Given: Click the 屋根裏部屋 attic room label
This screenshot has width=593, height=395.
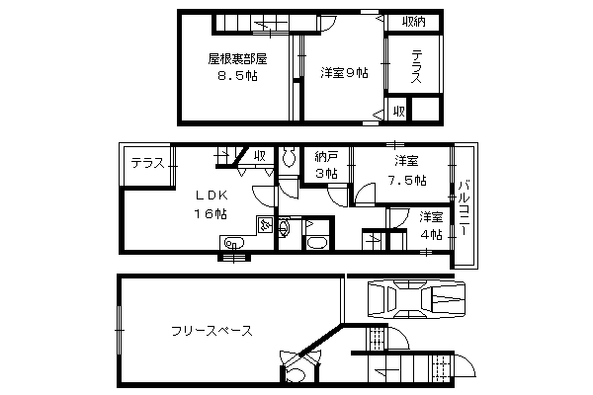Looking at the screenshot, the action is coord(237,59).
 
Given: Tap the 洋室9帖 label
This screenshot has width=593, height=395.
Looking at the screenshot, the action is coord(344,72).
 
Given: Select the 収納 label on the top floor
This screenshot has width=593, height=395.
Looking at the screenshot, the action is coord(414,22).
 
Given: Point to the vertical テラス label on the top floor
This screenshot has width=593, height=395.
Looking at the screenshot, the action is coord(416,66).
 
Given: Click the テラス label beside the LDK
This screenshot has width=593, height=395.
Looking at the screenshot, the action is coord(148,163).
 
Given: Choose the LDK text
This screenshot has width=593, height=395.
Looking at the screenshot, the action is coord(212,196).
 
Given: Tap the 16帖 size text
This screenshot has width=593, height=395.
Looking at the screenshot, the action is coord(211,214).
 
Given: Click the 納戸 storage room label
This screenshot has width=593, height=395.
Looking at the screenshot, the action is coord(326,157).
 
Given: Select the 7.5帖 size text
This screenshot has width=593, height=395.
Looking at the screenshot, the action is coord(407,180).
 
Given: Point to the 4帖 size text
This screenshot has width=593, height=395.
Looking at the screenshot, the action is coord(432,235).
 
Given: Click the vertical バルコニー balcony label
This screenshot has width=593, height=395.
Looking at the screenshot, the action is coord(465,208).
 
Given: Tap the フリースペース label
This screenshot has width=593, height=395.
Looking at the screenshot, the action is coord(212,331).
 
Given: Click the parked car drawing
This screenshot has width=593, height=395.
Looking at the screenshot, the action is coord(416,298).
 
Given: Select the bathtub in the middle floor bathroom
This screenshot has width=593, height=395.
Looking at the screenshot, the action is coord(319,242).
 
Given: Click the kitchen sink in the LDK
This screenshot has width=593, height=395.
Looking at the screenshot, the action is coord(233,242).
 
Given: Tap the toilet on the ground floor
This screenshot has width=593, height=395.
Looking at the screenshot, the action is coord(296,375).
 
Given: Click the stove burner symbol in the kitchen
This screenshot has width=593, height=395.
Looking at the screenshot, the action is coord(264,225).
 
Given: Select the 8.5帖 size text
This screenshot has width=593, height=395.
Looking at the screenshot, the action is coord(237,76).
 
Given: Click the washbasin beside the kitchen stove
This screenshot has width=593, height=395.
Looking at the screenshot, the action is coord(284,227).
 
